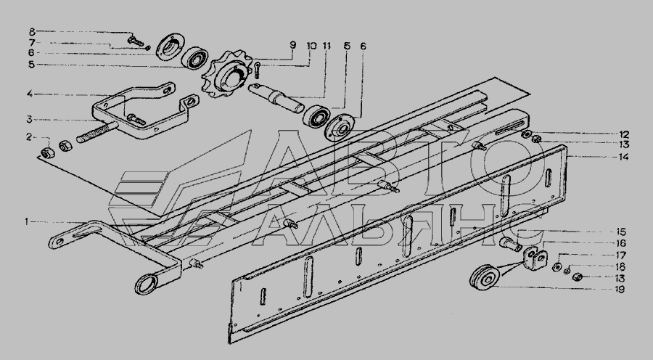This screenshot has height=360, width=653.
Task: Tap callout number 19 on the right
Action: (620, 289)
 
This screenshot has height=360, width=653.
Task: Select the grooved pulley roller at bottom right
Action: (485, 277)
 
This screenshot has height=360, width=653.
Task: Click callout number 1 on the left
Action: (27, 222)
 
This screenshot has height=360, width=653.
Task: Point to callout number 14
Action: (623, 157)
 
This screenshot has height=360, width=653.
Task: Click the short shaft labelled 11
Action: (276, 98)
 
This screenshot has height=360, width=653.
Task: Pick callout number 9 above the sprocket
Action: (293, 44)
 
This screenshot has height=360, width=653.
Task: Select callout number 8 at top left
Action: (32, 31)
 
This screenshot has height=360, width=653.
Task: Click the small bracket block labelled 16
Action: (535, 258)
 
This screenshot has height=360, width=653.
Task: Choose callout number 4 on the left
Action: (30, 94)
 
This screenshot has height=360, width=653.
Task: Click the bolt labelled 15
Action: (511, 244)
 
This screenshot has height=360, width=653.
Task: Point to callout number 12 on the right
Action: (623, 134)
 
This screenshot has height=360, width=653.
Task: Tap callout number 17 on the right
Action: (620, 255)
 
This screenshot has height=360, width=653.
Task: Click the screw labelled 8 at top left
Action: (136, 41)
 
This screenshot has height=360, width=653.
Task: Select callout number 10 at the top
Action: (311, 45)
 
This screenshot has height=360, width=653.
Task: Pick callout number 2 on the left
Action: (29, 136)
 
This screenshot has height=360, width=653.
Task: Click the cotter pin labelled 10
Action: (258, 69)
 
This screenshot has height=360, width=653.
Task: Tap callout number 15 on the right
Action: (620, 232)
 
